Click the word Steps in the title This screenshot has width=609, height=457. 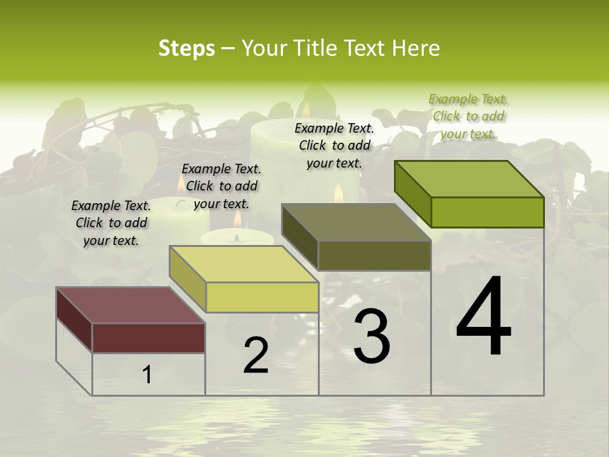point(187,48)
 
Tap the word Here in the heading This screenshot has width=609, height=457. point(416,48)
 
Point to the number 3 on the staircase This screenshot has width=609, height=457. point(371,336)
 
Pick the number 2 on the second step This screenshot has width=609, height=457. point(256,355)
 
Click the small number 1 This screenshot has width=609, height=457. point(147,375)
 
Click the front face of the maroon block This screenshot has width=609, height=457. point(148,338)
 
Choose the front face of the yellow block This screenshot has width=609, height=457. point(262,297)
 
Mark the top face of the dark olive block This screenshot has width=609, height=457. point(356,222)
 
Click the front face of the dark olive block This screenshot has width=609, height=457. point(374,256)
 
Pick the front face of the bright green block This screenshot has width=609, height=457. point(487,212)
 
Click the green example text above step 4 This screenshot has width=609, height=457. point(468,117)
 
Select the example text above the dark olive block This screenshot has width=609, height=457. point(334,145)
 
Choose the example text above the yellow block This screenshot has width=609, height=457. point(221,186)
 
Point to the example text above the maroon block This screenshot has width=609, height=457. point(111,223)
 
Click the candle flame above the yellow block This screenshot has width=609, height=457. point(237,220)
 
